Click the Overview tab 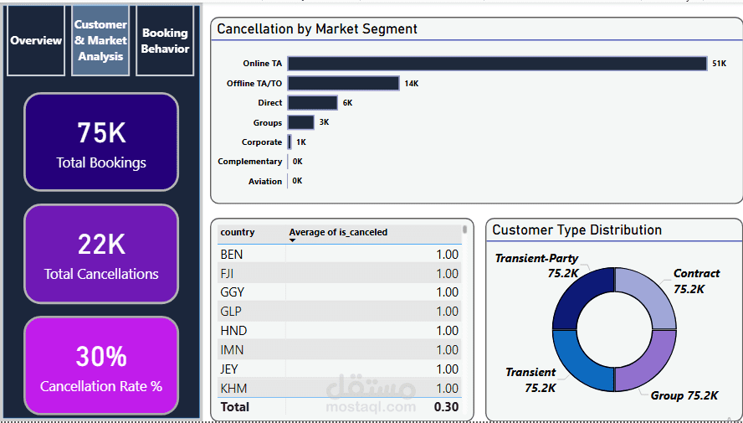tap(36, 40)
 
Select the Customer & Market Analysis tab tap(100, 40)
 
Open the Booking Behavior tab tap(165, 40)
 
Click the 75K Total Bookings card tap(101, 142)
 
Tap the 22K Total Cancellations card tap(101, 253)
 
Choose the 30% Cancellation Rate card tap(101, 365)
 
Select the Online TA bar tap(497, 64)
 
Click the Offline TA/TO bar tap(343, 83)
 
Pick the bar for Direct tap(312, 103)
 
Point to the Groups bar tap(300, 122)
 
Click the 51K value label tap(719, 64)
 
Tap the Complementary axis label tap(249, 162)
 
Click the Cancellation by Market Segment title tap(317, 29)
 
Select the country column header tap(238, 232)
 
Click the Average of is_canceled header tap(338, 232)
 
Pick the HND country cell tap(233, 331)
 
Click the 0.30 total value tap(446, 407)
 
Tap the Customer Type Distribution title tap(576, 230)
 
